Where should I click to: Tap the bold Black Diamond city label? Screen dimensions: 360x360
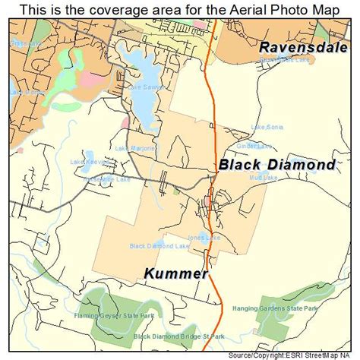coord(276,164)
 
